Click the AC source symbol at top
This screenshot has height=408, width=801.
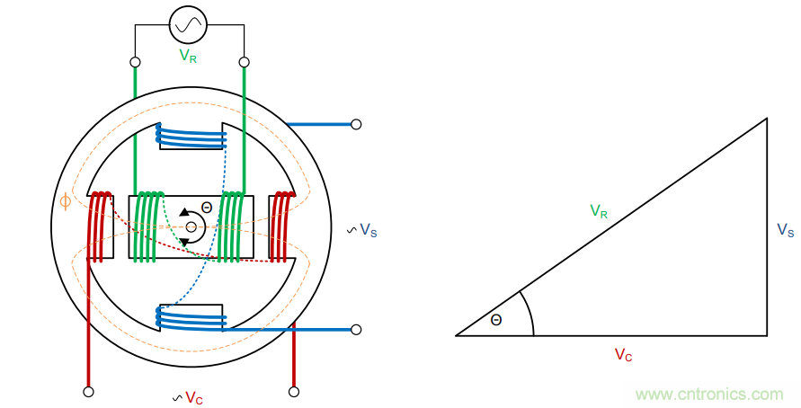(x=189, y=26)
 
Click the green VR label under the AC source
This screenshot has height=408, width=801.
(x=189, y=56)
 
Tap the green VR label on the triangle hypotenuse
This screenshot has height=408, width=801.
(x=600, y=212)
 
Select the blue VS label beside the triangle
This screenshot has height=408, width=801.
(x=785, y=231)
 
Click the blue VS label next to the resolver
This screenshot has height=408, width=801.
(x=368, y=231)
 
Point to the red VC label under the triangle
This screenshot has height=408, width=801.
(x=623, y=355)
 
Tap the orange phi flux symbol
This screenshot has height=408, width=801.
(x=65, y=202)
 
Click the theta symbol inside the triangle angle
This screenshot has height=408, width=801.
(x=496, y=320)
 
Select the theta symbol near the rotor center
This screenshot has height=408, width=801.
(x=207, y=208)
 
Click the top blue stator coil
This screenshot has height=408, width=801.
(x=191, y=137)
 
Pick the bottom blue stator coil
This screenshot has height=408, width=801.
(x=190, y=318)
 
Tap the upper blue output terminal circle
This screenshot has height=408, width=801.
(x=356, y=124)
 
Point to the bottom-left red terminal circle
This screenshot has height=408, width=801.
(x=88, y=392)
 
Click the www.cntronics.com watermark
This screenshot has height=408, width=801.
(x=709, y=395)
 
